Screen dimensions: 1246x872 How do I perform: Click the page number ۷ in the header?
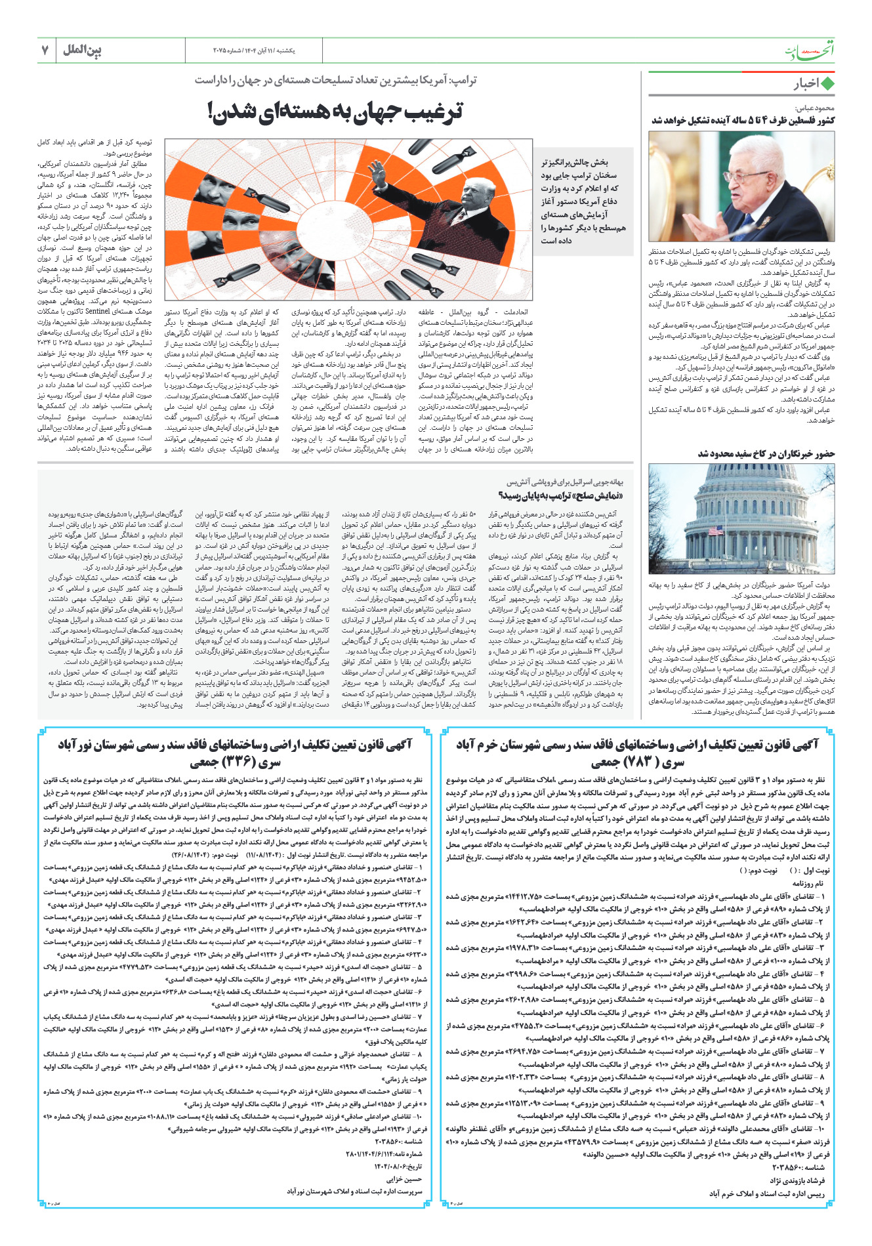[x=46, y=50]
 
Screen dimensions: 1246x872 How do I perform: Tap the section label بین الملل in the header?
[x=83, y=50]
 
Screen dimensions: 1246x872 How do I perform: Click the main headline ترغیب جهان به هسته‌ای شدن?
[x=336, y=111]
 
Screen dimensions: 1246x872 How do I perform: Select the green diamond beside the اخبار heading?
[x=827, y=84]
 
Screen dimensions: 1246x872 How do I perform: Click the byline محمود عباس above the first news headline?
[x=815, y=108]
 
